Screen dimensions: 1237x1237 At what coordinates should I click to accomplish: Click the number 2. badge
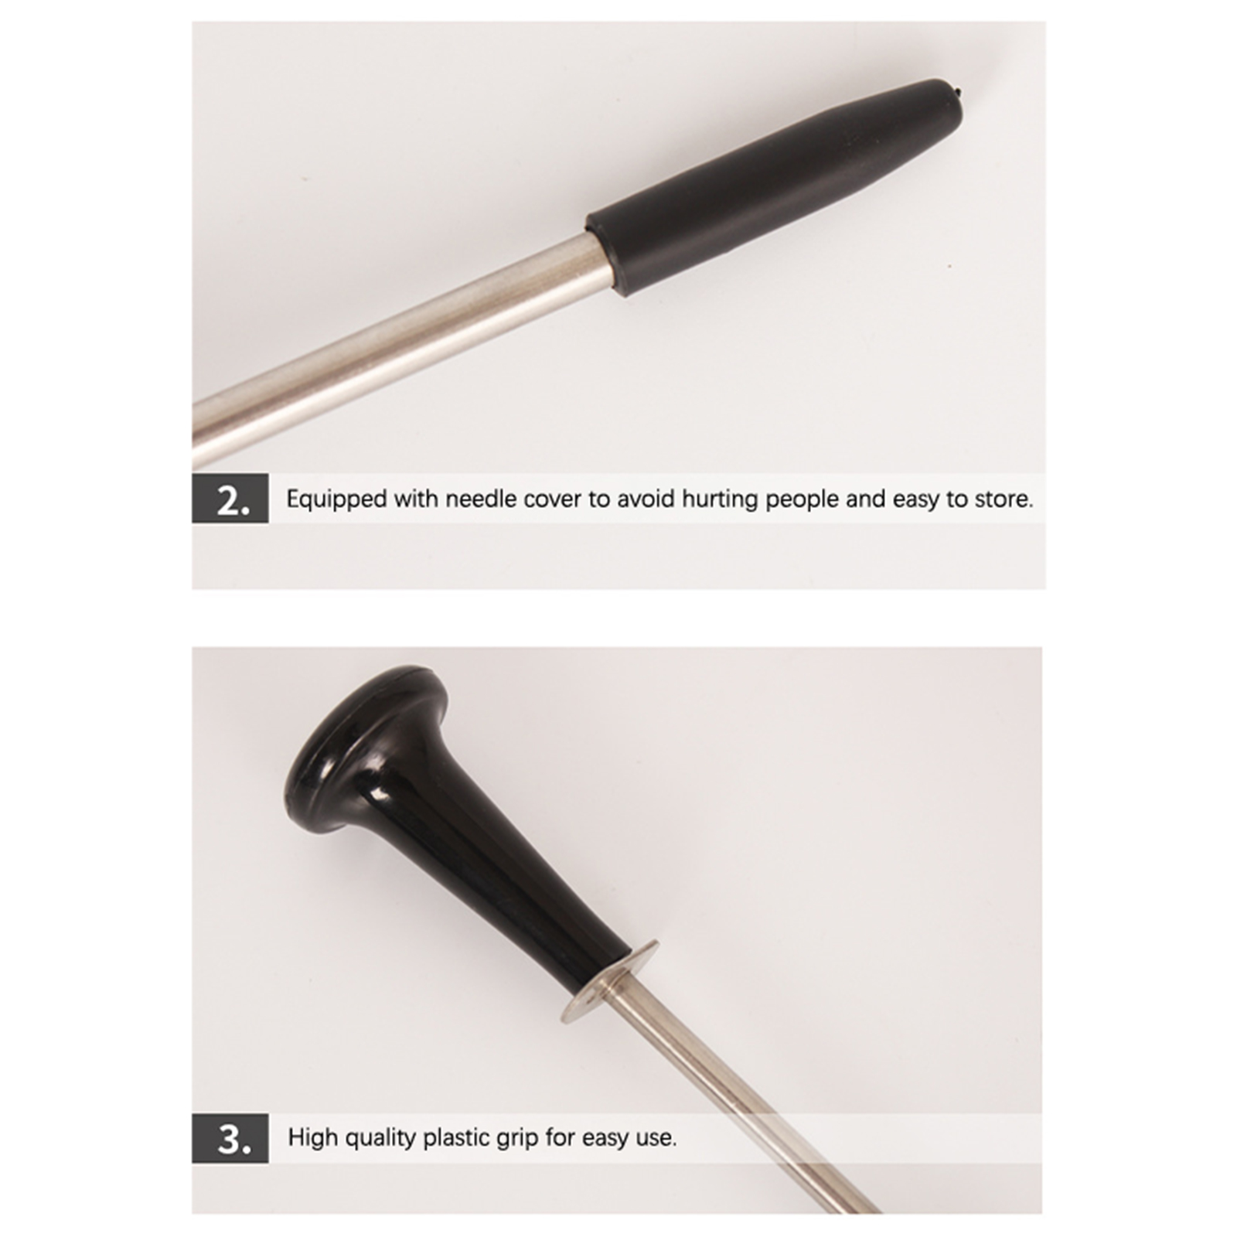(230, 500)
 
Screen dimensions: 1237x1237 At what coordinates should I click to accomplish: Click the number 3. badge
(230, 1138)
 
